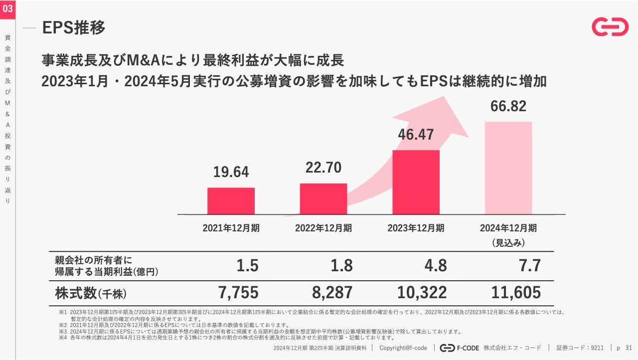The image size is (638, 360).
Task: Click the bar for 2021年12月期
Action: (231, 201)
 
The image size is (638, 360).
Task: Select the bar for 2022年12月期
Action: (323, 199)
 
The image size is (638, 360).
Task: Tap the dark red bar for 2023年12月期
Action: (416, 182)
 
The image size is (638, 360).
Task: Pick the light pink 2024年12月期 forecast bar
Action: (508, 168)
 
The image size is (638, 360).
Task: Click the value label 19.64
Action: (231, 172)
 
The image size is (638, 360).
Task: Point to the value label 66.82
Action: (508, 106)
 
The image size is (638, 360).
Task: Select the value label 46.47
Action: (416, 135)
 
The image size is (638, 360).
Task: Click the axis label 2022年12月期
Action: (323, 228)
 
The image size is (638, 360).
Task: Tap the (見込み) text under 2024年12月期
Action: (508, 243)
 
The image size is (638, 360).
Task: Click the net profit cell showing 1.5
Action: (247, 266)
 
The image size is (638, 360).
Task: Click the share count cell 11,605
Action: (516, 293)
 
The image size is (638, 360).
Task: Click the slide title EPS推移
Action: (74, 28)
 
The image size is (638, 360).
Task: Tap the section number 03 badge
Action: (8, 8)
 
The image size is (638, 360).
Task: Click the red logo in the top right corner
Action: (610, 27)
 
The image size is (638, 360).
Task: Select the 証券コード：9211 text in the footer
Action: (580, 348)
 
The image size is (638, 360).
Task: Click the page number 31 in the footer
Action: (628, 348)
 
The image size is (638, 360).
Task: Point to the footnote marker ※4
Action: (62, 338)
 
